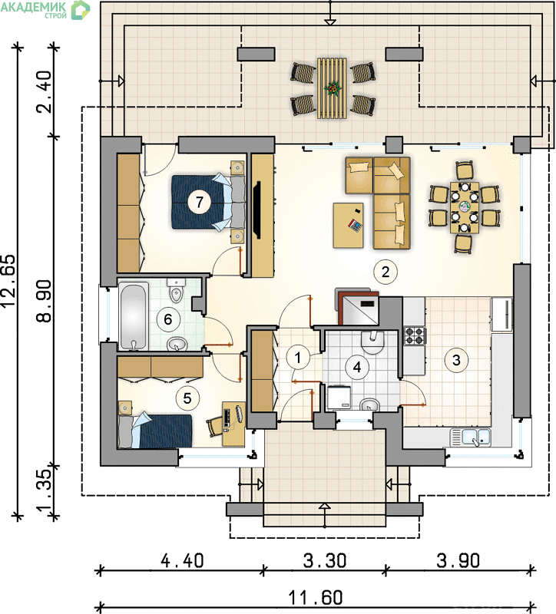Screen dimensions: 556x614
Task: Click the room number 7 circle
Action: point(200,202)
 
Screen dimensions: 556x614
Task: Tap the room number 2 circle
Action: point(386,272)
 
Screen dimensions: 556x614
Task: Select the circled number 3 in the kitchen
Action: point(456,359)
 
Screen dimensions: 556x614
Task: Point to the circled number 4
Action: point(357,367)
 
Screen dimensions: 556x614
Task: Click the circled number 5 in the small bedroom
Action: point(187,398)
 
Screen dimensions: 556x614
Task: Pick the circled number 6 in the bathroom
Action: point(167,319)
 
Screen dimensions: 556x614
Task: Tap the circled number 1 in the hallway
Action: point(298,358)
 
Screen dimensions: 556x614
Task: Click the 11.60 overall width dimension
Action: point(316,598)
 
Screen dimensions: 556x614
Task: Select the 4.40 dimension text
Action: point(183,560)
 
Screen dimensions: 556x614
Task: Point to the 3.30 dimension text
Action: point(325,560)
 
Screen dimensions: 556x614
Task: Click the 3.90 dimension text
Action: point(458,560)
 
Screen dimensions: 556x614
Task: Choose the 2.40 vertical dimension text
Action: point(44,91)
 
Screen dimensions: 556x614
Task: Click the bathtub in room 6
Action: point(134,316)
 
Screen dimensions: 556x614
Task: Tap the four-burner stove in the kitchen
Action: point(415,336)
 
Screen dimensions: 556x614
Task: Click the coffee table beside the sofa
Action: point(349,225)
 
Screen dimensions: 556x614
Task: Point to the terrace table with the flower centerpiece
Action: point(333,88)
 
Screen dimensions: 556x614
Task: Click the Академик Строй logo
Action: point(45,9)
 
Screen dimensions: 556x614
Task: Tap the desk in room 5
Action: point(233,424)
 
